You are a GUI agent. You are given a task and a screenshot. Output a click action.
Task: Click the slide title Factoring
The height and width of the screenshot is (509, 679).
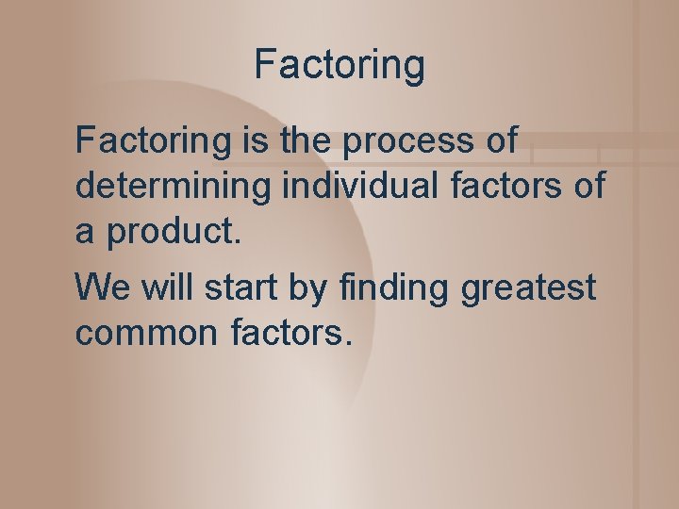[x=339, y=65]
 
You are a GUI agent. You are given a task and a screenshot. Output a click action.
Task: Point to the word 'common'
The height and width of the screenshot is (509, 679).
[x=148, y=333]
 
